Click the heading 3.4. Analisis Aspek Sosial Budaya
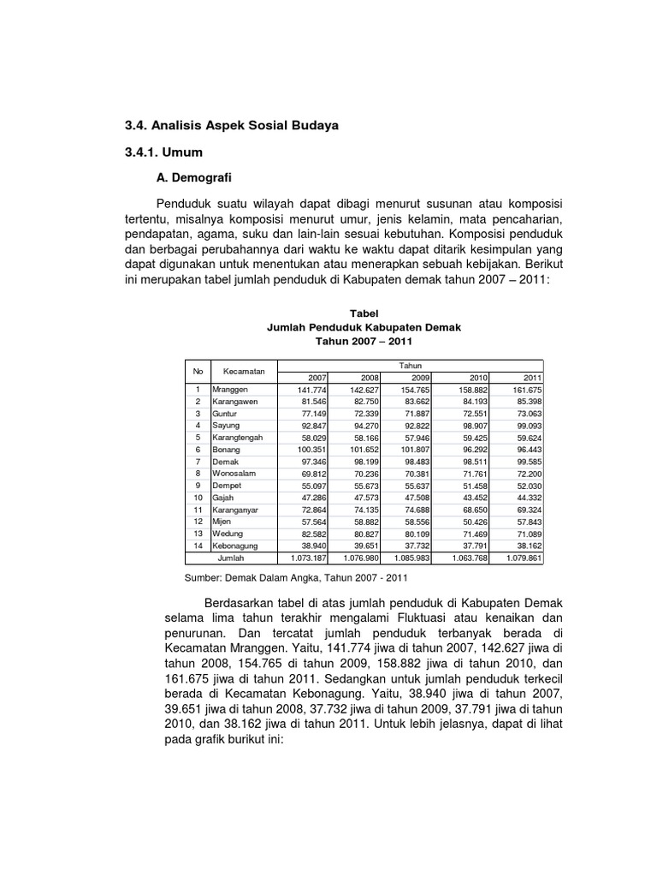(x=232, y=126)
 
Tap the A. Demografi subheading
(x=193, y=178)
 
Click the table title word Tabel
(x=364, y=314)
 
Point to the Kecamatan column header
(x=244, y=371)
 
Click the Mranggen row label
(x=230, y=389)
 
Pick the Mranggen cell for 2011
(x=525, y=389)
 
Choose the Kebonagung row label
(x=237, y=545)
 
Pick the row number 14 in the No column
(x=197, y=545)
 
